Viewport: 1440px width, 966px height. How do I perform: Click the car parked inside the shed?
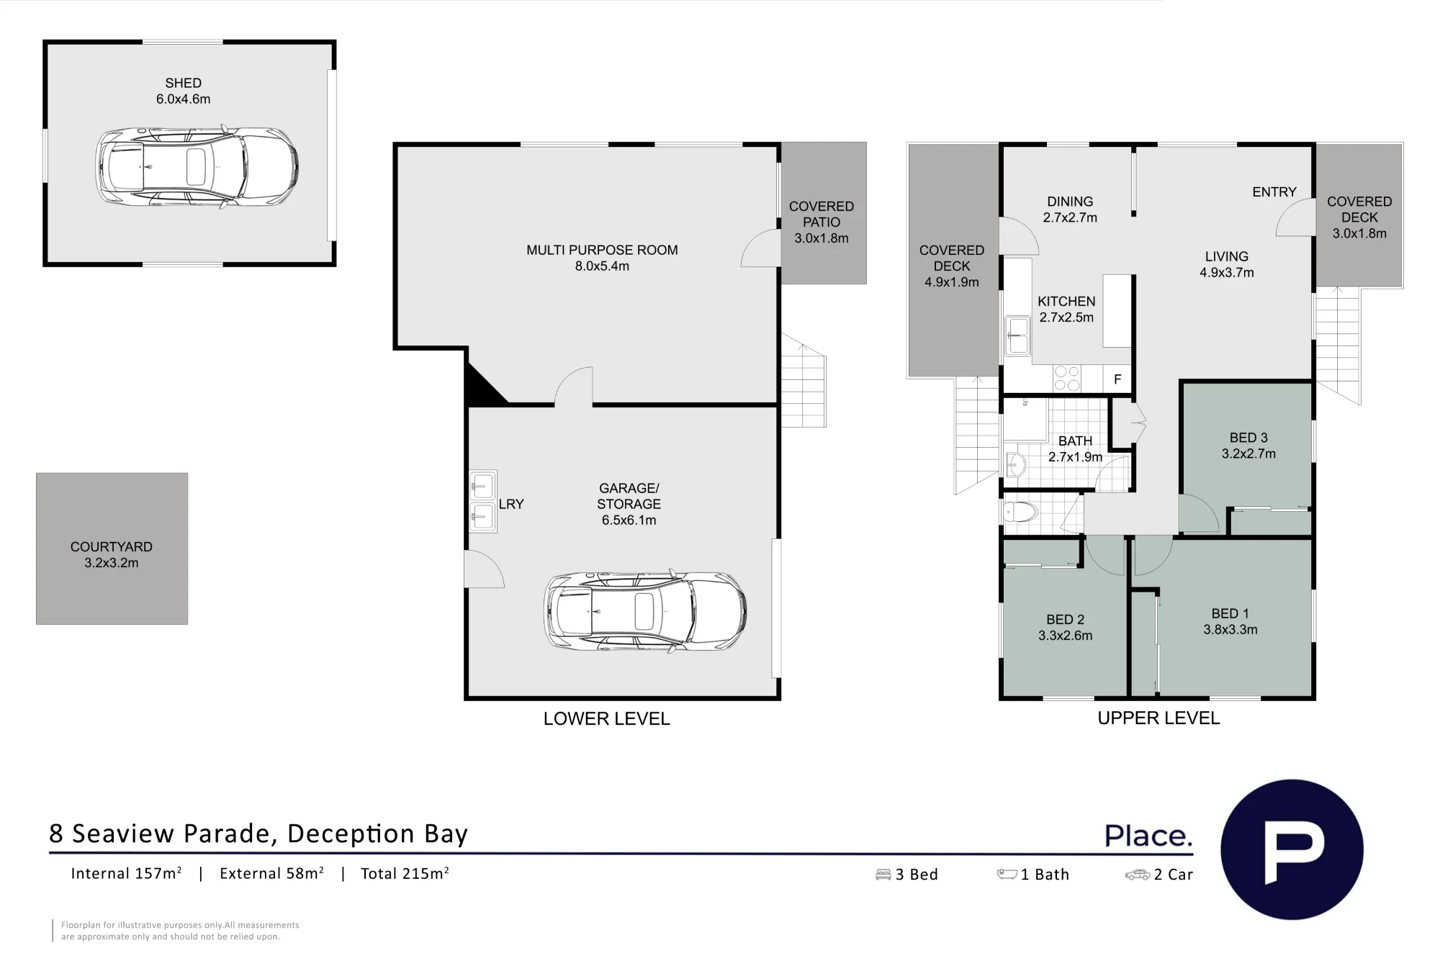click(197, 168)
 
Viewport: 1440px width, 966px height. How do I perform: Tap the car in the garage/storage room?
click(645, 612)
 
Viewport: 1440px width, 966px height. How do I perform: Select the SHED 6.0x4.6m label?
click(184, 91)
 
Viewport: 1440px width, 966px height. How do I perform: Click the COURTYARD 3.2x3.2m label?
click(112, 555)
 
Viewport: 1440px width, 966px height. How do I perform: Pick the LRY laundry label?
click(511, 505)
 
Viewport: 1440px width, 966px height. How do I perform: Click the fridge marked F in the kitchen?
click(1117, 379)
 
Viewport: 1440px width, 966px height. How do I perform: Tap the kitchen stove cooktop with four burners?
click(1067, 379)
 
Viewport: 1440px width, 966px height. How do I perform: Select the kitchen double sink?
click(1017, 336)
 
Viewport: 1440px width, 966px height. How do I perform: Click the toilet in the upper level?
click(1020, 513)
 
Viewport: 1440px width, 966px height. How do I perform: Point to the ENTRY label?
click(1274, 192)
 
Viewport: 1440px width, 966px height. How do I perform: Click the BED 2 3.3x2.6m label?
click(1066, 628)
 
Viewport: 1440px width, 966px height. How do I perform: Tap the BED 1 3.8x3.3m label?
click(1230, 622)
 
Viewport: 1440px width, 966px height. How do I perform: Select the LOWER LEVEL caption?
click(606, 719)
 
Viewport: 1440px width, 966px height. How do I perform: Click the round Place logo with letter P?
click(1292, 849)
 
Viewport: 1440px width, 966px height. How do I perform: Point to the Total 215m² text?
click(405, 873)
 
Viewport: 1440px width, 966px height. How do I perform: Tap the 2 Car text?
click(1174, 875)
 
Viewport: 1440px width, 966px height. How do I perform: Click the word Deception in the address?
click(351, 834)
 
